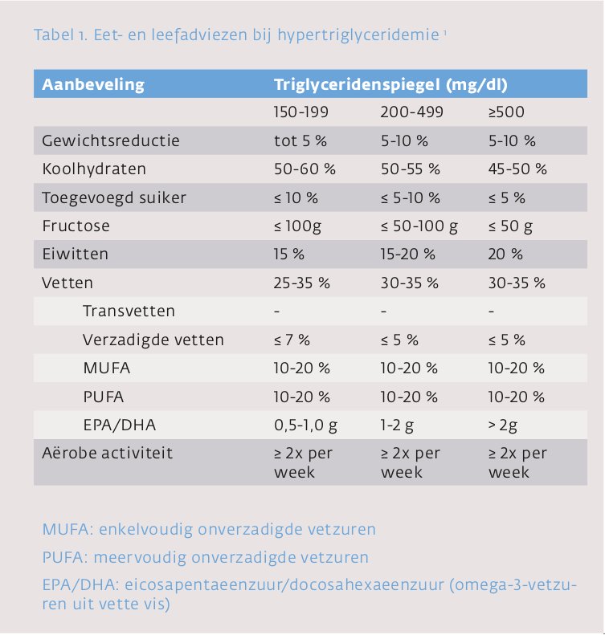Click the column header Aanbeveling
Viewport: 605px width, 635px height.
point(93,84)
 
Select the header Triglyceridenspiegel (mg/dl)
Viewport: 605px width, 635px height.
point(390,84)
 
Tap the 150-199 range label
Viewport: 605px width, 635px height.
point(301,112)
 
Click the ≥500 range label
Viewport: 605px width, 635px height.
point(506,112)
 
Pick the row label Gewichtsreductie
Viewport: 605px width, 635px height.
point(111,140)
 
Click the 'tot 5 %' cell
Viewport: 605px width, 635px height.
point(300,140)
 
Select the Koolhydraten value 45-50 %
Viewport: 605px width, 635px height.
point(517,169)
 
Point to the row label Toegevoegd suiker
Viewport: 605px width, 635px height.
point(114,197)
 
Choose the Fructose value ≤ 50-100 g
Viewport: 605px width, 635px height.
point(419,226)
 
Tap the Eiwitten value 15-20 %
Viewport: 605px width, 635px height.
point(408,254)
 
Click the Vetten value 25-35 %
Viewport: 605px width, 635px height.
point(302,283)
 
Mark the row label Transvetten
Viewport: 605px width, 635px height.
point(129,311)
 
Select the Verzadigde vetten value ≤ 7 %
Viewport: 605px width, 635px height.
point(292,340)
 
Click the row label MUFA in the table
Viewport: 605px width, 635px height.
point(107,368)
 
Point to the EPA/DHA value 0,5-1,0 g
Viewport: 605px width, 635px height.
point(305,425)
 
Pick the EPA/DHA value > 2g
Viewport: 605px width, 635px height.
point(503,425)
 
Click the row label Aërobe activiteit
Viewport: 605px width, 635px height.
point(108,453)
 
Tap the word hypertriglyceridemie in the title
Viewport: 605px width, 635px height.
point(358,35)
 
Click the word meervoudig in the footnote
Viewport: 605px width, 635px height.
point(141,558)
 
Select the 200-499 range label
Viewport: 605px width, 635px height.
point(412,112)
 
